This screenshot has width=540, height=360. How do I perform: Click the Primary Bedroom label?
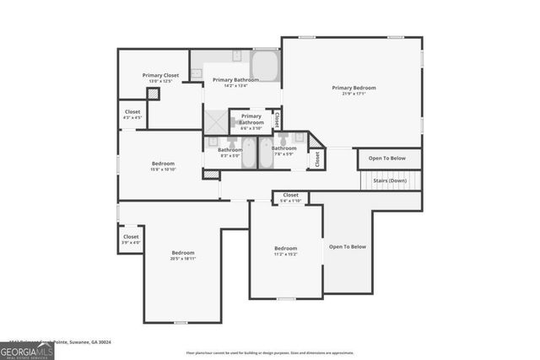(354, 88)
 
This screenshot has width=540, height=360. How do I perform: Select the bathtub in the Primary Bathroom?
(264, 66)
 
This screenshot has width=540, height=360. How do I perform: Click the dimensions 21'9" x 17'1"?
(354, 94)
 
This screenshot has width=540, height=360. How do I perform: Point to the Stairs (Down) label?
(391, 180)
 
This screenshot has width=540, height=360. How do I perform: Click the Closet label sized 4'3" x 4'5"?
(132, 111)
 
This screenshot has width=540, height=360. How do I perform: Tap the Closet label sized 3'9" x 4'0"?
(131, 237)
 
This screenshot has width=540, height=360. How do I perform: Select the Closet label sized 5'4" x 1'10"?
(290, 195)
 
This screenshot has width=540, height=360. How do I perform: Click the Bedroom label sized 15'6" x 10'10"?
(163, 163)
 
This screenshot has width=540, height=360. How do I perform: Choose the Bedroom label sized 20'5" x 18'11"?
(183, 253)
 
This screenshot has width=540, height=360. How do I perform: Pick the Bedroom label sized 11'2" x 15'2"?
(285, 248)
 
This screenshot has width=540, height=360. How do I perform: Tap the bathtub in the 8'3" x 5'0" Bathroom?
(249, 153)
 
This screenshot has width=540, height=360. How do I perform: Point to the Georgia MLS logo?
(27, 350)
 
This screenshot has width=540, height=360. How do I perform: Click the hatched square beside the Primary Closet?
(153, 94)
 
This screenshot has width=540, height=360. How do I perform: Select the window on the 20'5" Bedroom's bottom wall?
(180, 322)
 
